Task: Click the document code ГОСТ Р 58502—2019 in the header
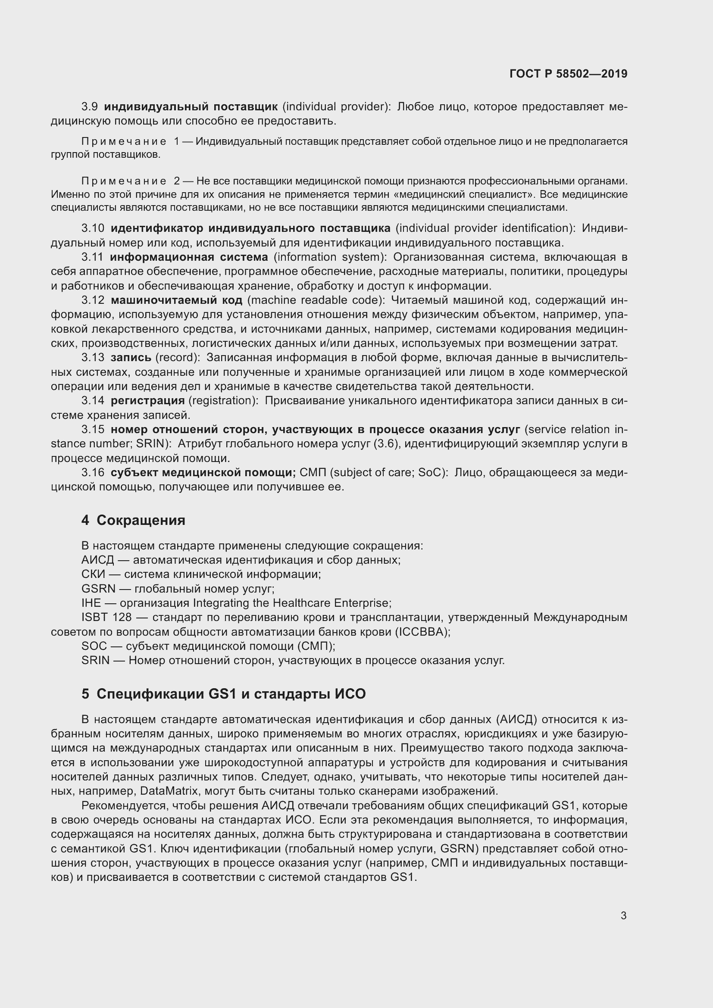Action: coord(568,74)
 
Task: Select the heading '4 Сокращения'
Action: coord(133,520)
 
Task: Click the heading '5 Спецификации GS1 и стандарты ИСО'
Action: coord(223,694)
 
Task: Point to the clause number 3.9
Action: coord(90,107)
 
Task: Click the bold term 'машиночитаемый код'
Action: coord(176,300)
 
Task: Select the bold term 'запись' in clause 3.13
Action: coord(131,358)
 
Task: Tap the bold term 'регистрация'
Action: coord(147,400)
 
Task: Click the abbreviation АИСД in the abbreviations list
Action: coord(97,560)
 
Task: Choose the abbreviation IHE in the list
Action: coord(91,603)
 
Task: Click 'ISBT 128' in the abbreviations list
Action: coord(106,617)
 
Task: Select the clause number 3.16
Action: coord(93,472)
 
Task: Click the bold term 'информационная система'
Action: coord(189,257)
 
